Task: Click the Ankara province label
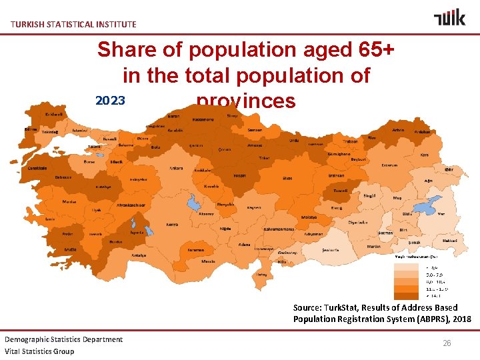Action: pyautogui.click(x=177, y=168)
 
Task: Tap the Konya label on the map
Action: pyautogui.click(x=172, y=224)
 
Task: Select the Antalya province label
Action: pyautogui.click(x=139, y=255)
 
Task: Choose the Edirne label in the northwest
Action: pyautogui.click(x=31, y=128)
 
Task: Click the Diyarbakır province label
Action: pyautogui.click(x=358, y=223)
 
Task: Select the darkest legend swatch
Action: pyautogui.click(x=403, y=295)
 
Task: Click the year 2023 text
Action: pyautogui.click(x=110, y=101)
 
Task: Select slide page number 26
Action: pyautogui.click(x=447, y=343)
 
